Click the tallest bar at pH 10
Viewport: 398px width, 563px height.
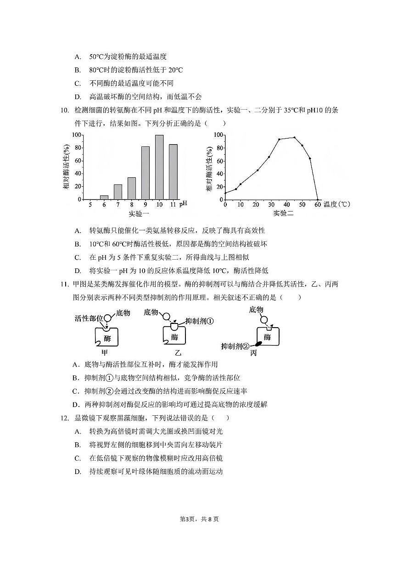tap(159, 167)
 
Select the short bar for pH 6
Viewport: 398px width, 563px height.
tap(104, 197)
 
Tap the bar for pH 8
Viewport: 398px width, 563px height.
tap(132, 188)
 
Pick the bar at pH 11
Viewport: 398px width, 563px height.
tap(173, 172)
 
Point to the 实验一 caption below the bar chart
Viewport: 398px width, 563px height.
tap(138, 214)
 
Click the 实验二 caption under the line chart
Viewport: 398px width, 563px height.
tap(283, 213)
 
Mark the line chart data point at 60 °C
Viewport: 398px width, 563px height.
tap(318, 200)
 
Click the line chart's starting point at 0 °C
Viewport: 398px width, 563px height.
tap(225, 193)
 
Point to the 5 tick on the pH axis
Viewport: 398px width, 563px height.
tap(90, 204)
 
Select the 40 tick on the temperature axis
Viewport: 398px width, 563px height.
tap(286, 205)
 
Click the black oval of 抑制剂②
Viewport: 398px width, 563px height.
tap(258, 343)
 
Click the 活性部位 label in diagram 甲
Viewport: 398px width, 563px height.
tap(89, 318)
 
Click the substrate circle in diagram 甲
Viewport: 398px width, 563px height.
tap(107, 318)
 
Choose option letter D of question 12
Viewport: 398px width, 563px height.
tap(78, 471)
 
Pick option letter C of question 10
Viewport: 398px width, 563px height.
tap(78, 257)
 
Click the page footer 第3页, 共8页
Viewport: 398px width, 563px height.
tap(199, 519)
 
